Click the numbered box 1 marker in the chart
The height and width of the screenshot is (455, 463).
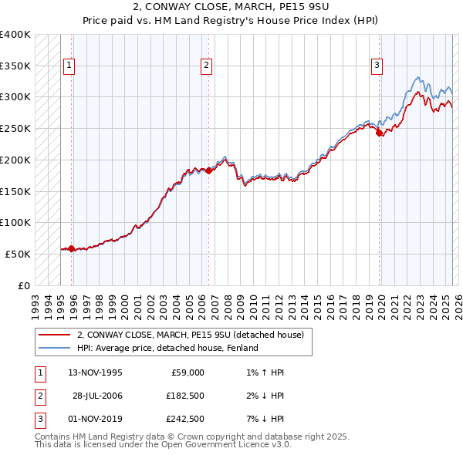click(69, 66)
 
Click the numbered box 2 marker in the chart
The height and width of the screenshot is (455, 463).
click(207, 66)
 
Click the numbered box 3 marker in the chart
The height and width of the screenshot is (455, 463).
click(377, 66)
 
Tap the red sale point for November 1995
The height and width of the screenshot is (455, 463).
click(71, 248)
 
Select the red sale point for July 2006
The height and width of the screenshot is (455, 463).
click(208, 170)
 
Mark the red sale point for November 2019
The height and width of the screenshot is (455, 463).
click(379, 133)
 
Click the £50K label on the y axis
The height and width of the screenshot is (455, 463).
click(19, 254)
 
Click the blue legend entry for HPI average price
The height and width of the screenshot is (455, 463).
click(167, 348)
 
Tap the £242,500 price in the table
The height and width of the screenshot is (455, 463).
click(185, 419)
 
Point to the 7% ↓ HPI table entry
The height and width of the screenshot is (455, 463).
click(262, 419)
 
